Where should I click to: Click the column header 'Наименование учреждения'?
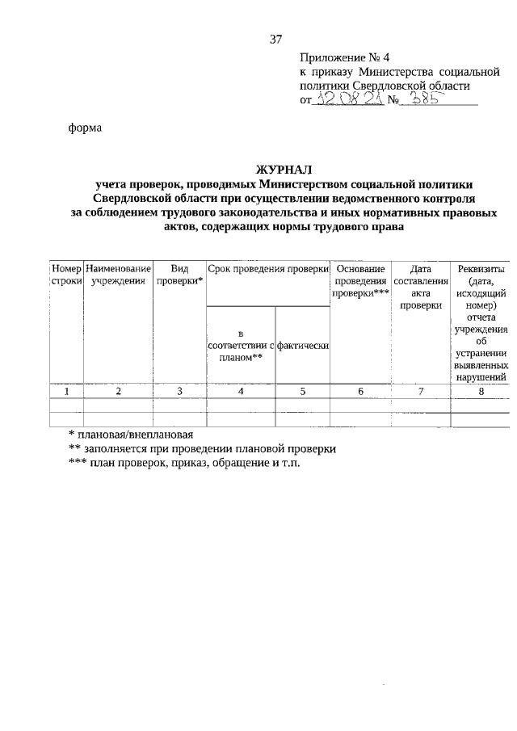118,275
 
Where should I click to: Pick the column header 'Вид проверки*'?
179,275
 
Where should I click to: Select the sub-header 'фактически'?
301,346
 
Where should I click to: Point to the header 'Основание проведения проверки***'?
360,280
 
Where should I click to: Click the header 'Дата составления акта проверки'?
420,287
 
